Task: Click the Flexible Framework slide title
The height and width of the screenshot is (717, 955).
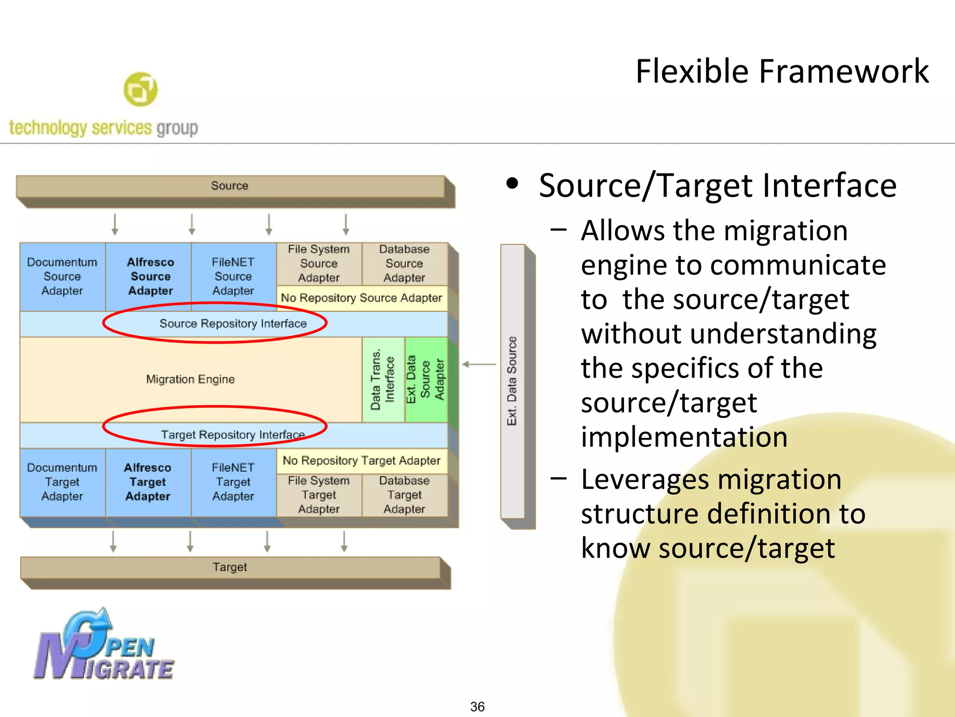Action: pyautogui.click(x=782, y=71)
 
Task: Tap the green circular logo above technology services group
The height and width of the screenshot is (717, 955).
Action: pyautogui.click(x=140, y=89)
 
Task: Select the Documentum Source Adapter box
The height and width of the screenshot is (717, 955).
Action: pyautogui.click(x=62, y=276)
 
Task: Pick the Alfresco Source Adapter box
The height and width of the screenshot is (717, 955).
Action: pyautogui.click(x=150, y=276)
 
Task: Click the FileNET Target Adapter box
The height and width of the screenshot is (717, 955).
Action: pyautogui.click(x=233, y=482)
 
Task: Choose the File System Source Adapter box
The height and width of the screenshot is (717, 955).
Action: pyautogui.click(x=319, y=264)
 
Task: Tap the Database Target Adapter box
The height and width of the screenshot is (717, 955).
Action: pyautogui.click(x=404, y=495)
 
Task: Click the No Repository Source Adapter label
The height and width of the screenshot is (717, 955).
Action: pyautogui.click(x=361, y=298)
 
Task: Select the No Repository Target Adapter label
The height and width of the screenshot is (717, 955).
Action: pyautogui.click(x=361, y=461)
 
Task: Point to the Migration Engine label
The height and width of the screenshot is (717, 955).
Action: pyautogui.click(x=190, y=379)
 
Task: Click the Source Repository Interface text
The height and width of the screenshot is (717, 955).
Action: pyautogui.click(x=233, y=323)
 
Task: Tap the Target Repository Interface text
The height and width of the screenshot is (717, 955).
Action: pyautogui.click(x=233, y=435)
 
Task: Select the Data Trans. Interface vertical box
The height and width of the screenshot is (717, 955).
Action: pyautogui.click(x=383, y=380)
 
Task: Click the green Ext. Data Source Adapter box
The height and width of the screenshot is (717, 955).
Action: pyautogui.click(x=426, y=380)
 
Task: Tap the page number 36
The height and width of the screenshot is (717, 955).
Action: pyautogui.click(x=477, y=706)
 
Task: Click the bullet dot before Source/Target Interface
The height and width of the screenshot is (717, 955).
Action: pyautogui.click(x=512, y=183)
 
